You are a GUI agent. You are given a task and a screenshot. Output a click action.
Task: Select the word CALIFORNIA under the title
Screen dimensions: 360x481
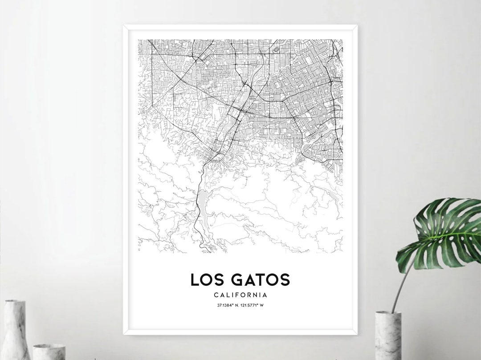(240, 295)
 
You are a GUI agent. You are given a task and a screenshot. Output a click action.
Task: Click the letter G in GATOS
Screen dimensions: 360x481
(238, 280)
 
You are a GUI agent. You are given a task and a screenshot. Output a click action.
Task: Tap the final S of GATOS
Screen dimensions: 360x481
(285, 280)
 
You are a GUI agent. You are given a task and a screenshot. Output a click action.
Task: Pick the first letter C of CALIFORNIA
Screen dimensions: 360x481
(216, 295)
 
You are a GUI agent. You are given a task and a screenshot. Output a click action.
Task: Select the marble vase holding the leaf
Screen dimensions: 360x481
(387, 336)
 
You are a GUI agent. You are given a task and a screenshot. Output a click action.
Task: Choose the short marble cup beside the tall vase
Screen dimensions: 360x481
(49, 352)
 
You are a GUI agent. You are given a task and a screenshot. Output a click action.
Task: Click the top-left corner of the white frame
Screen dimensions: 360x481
(124, 26)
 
